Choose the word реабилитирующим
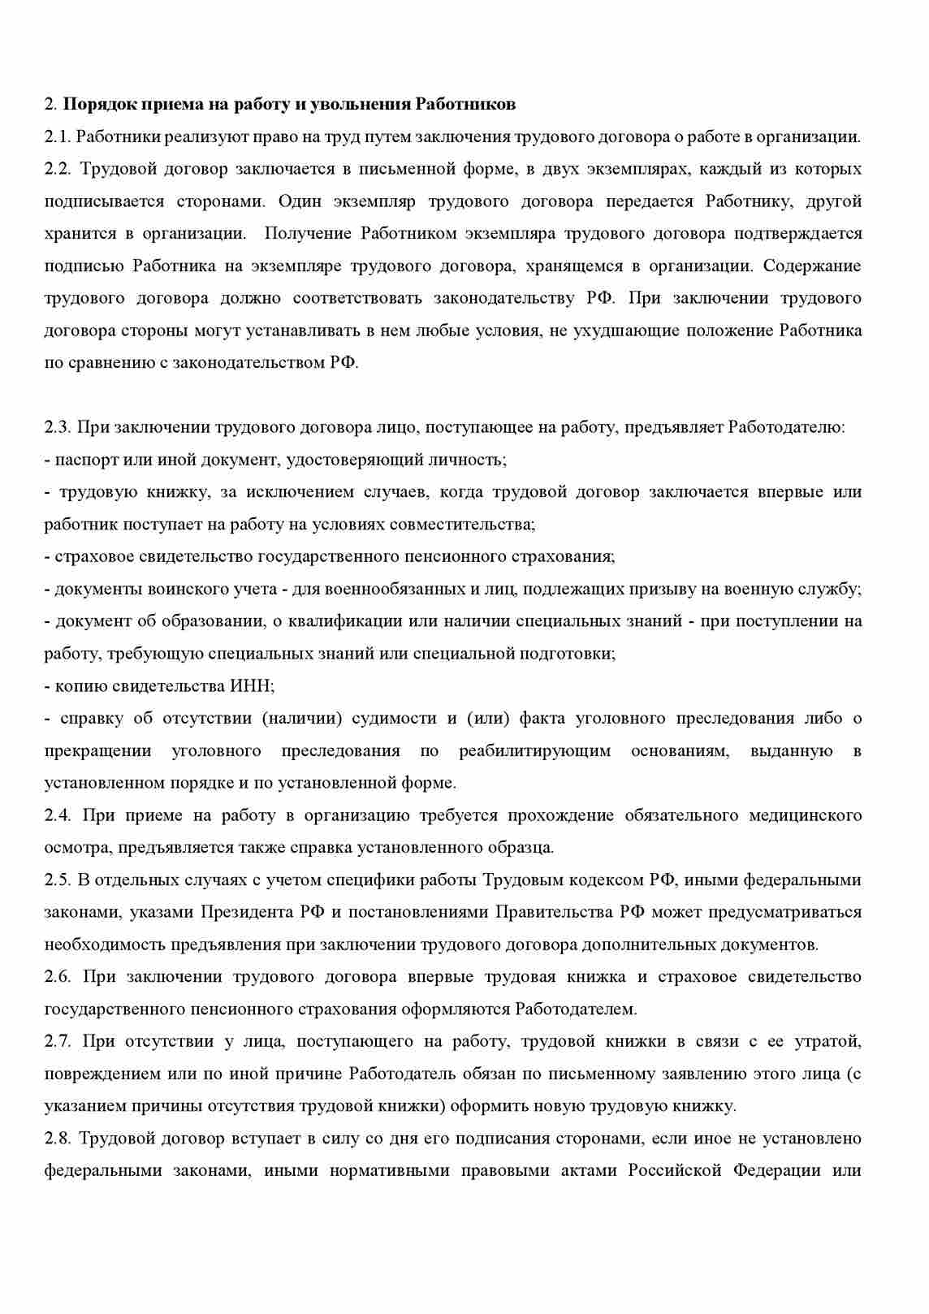[534, 751]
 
